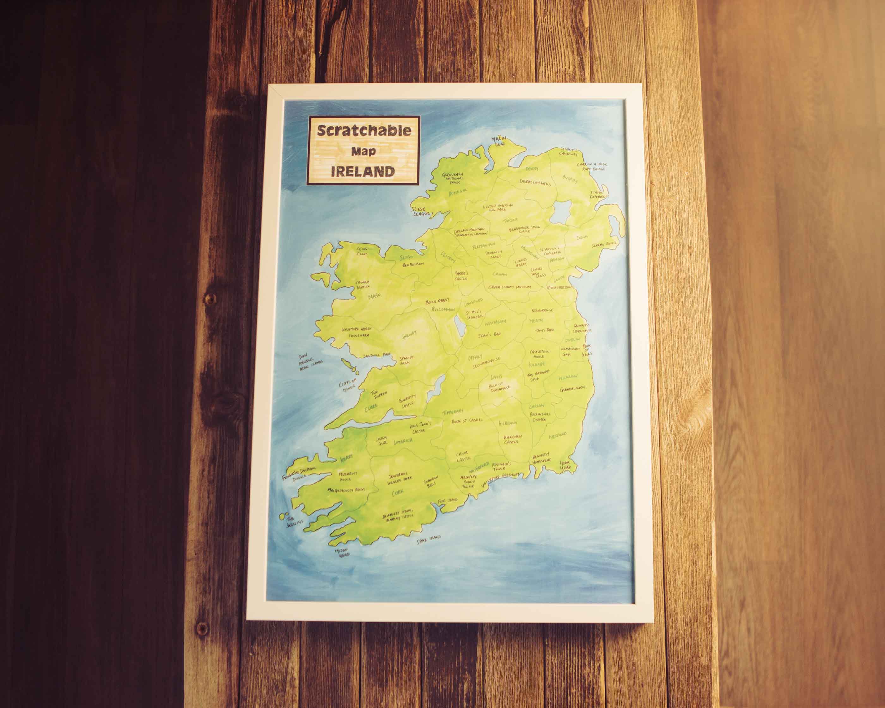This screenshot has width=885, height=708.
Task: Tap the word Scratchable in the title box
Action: point(364,130)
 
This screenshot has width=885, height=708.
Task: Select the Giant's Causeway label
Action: point(569,151)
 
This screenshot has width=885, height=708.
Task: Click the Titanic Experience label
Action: point(600,194)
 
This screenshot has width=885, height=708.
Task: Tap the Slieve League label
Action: point(422,211)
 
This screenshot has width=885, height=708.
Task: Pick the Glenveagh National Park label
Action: point(453,178)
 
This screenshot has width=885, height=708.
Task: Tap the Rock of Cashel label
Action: point(467,421)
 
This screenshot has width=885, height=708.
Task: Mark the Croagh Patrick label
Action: point(363,284)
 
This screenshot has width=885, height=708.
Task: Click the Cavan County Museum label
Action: point(510,287)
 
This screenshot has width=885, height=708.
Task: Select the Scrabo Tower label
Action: point(604,245)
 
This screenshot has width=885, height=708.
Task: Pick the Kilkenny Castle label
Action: point(513,439)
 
